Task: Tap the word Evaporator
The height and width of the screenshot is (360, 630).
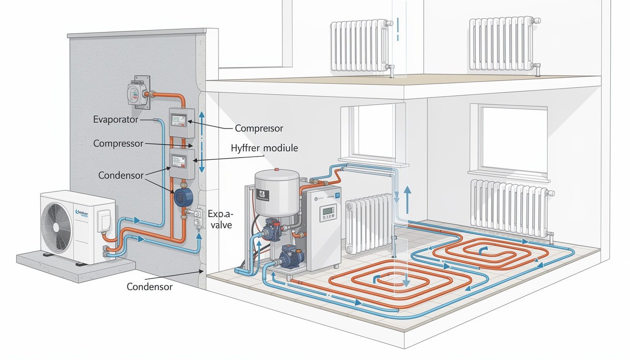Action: click(x=115, y=120)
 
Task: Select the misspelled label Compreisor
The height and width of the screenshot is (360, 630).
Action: click(x=259, y=128)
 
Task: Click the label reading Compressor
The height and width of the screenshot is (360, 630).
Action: click(x=118, y=143)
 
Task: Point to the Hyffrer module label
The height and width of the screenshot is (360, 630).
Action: click(x=264, y=148)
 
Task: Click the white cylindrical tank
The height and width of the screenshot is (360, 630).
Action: click(x=277, y=192)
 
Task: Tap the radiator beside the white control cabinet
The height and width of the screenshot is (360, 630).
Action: click(x=369, y=223)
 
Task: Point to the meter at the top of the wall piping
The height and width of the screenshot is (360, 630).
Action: click(x=137, y=92)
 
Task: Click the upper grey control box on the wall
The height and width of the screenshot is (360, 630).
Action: click(x=181, y=123)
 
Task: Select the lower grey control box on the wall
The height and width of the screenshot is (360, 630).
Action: click(x=181, y=163)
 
